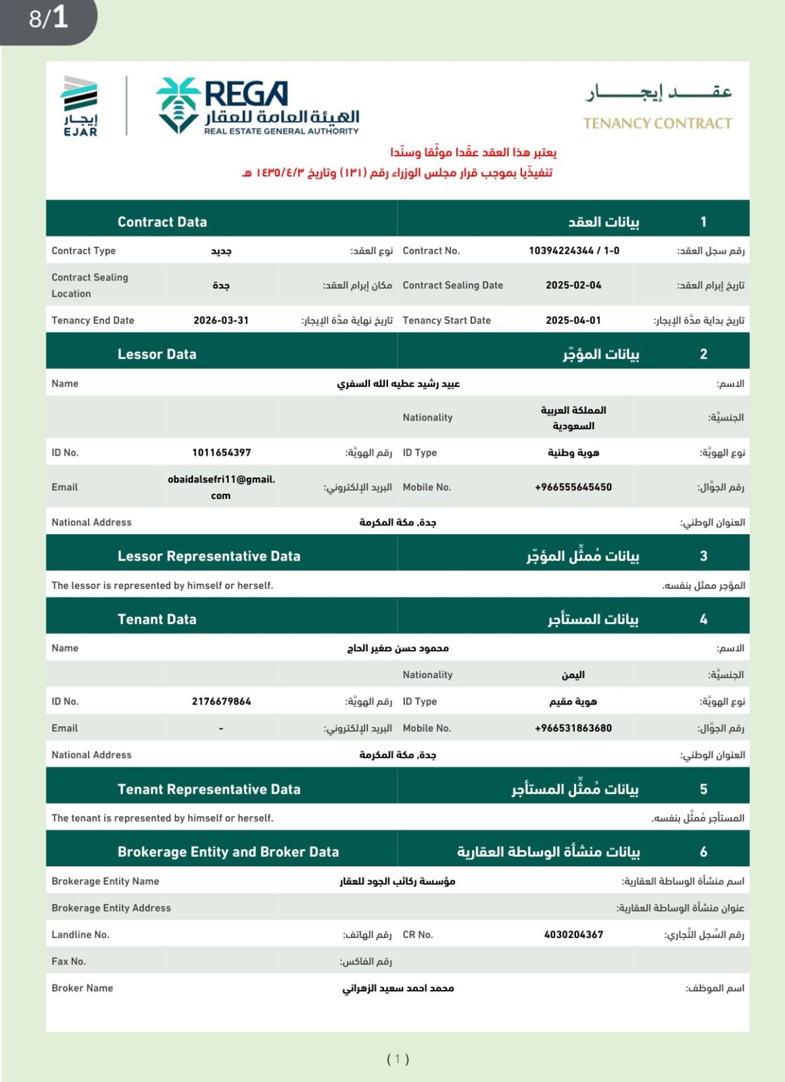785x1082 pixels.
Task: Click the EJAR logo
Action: (80, 106)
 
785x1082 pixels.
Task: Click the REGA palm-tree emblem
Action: (179, 105)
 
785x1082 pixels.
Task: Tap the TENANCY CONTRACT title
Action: (657, 123)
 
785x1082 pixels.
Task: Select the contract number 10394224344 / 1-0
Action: (573, 251)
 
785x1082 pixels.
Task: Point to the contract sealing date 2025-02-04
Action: (573, 285)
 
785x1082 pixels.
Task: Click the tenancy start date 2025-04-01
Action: (573, 321)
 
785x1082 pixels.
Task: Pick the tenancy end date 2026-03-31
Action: (221, 321)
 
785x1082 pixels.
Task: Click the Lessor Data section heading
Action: (157, 354)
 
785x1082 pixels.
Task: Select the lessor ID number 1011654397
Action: (221, 452)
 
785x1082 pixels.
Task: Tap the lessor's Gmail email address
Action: (221, 487)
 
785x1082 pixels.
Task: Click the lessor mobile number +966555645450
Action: (573, 487)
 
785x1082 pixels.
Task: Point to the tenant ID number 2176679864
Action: (221, 701)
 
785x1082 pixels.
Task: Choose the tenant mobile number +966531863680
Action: (573, 728)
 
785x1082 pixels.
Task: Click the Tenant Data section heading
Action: (157, 619)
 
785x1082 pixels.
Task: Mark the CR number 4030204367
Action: (573, 935)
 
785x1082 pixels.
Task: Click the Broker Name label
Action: (82, 988)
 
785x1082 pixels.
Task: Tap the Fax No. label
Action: (69, 962)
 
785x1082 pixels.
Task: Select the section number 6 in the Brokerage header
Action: (703, 852)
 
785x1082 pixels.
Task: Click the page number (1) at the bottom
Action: (398, 1059)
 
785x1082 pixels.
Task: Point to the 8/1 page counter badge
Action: (49, 18)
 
